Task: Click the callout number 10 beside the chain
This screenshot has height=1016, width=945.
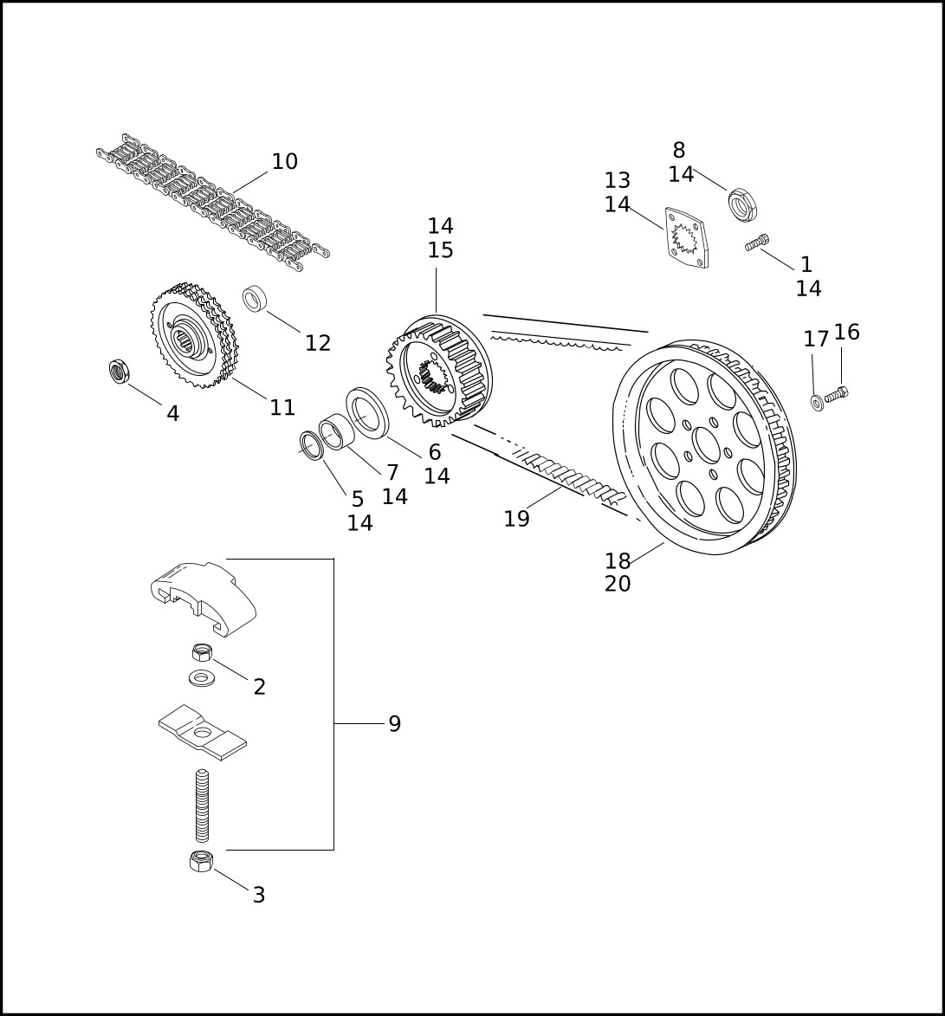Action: [x=284, y=161]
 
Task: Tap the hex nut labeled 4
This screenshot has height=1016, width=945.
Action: [x=119, y=372]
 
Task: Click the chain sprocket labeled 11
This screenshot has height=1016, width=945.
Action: [x=195, y=335]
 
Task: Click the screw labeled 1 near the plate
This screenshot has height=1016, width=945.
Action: [x=757, y=243]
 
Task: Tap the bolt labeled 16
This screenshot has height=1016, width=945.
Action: [x=836, y=392]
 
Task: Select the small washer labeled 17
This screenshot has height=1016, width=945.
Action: [x=818, y=403]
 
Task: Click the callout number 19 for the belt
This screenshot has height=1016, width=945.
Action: [x=516, y=518]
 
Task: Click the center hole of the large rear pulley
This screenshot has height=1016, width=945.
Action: [x=707, y=443]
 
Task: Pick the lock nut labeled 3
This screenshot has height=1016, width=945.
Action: [x=201, y=861]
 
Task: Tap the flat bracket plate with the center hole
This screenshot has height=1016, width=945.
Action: [x=203, y=733]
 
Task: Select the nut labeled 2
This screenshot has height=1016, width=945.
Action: [x=202, y=652]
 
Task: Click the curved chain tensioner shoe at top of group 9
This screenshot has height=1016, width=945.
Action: [x=203, y=599]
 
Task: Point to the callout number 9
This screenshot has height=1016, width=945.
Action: [x=395, y=723]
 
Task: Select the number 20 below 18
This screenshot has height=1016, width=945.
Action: [x=618, y=584]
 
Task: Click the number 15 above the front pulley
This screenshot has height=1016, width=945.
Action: [x=441, y=250]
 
